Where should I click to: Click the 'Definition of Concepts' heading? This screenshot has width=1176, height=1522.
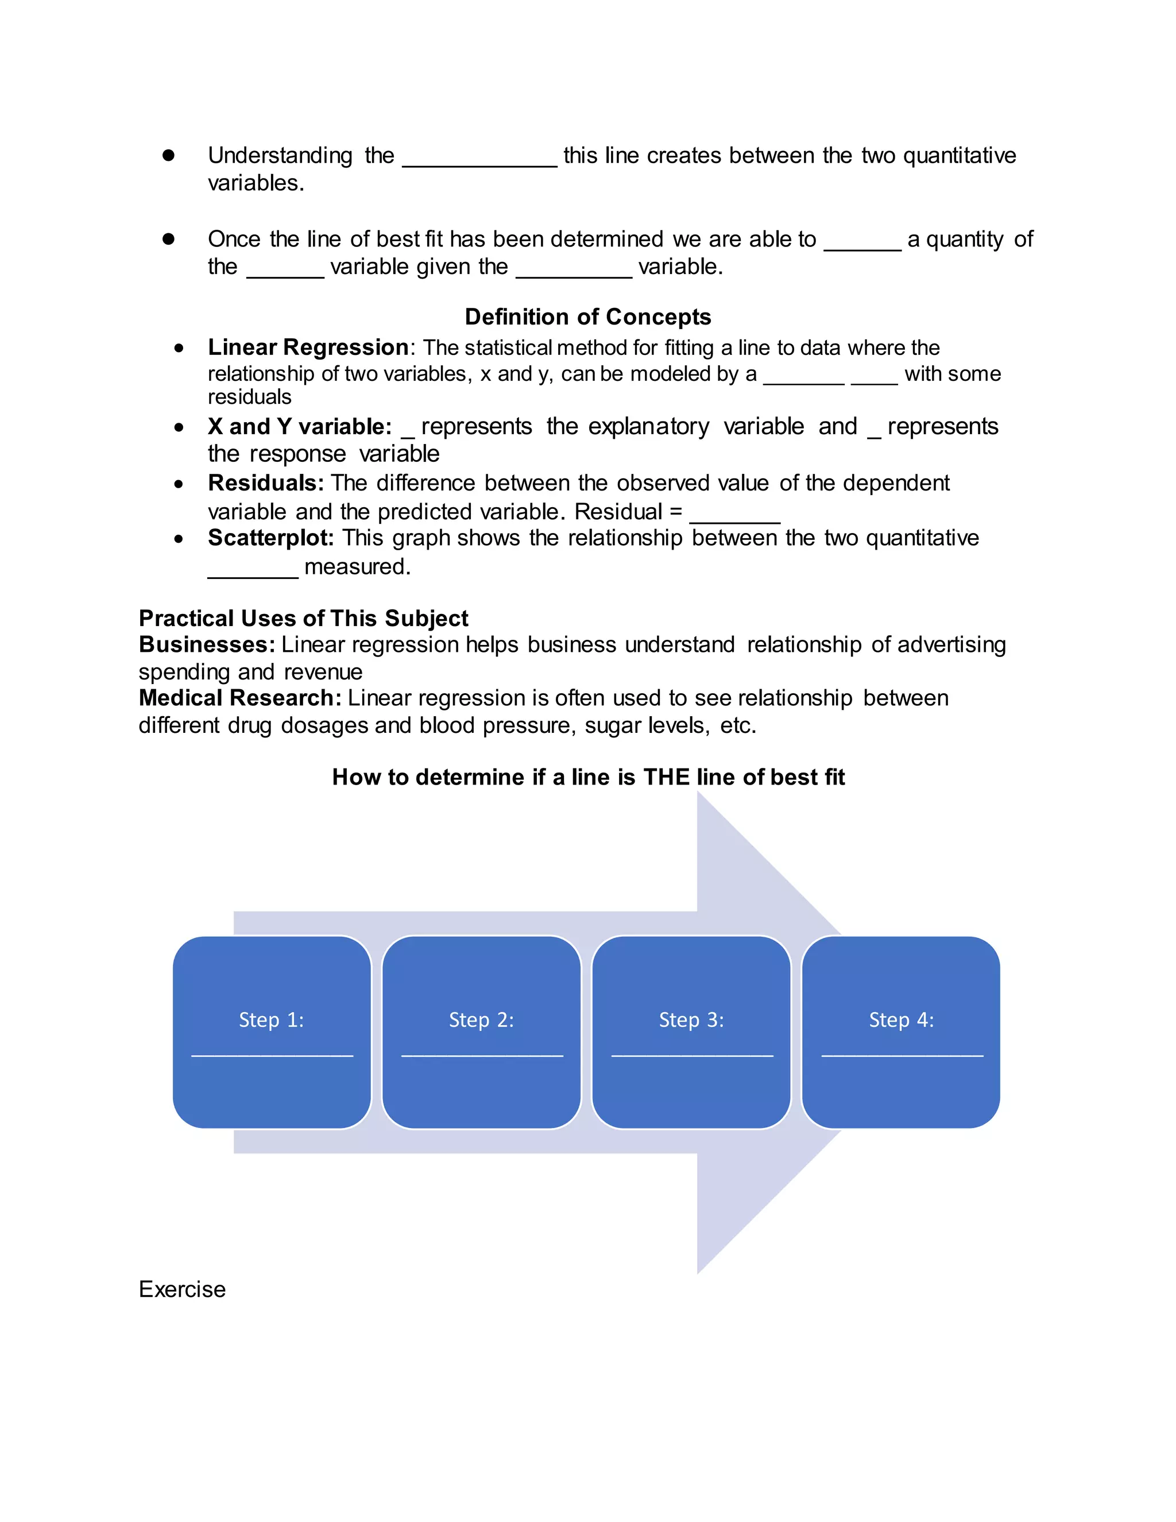[x=587, y=317]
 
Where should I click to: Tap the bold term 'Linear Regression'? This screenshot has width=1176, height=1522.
[x=308, y=347]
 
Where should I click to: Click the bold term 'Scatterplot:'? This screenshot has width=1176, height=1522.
[x=270, y=538]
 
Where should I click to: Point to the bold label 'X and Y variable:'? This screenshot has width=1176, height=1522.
[x=300, y=427]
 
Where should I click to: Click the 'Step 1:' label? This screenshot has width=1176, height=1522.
[x=271, y=1019]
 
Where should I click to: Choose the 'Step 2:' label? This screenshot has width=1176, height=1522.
[x=481, y=1019]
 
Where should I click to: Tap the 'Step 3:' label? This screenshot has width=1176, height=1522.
[x=691, y=1019]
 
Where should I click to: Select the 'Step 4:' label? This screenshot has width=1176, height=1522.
[x=901, y=1019]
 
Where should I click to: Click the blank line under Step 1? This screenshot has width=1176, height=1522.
[x=272, y=1055]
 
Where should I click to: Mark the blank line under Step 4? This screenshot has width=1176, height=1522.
[x=902, y=1055]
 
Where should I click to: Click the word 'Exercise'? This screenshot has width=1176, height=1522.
[x=182, y=1289]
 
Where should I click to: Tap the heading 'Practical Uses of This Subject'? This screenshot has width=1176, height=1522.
[x=303, y=618]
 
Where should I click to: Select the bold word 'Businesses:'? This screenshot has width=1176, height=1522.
[x=207, y=644]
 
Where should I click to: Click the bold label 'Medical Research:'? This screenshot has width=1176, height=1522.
[x=239, y=698]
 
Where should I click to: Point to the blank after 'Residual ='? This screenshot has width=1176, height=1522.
[x=734, y=519]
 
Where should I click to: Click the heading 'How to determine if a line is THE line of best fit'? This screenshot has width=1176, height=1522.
[x=588, y=777]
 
